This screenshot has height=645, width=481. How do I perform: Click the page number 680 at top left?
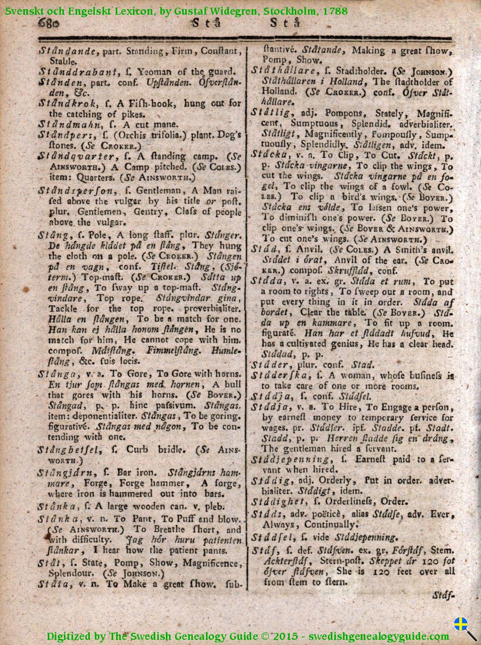point(48,23)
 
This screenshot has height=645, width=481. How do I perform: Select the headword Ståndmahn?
point(63,124)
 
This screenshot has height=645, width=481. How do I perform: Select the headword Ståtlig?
point(269,112)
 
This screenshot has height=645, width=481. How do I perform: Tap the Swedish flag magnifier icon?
point(463,627)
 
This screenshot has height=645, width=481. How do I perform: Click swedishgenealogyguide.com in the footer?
point(379,636)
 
